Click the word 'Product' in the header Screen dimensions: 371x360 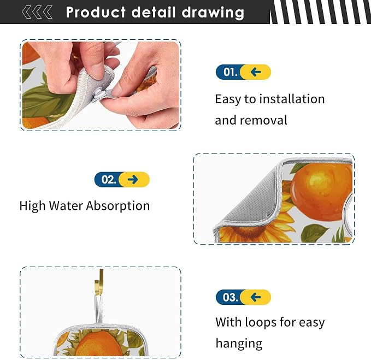pyautogui.click(x=96, y=12)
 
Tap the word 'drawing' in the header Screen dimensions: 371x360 pyautogui.click(x=213, y=13)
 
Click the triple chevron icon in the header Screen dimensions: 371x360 pyautogui.click(x=37, y=12)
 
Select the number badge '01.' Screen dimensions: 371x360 pyautogui.click(x=229, y=72)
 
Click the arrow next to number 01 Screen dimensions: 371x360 pyautogui.click(x=256, y=72)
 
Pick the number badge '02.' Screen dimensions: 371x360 pyautogui.click(x=109, y=180)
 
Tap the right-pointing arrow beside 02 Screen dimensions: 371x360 pyautogui.click(x=133, y=180)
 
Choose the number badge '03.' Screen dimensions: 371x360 pyautogui.click(x=229, y=297)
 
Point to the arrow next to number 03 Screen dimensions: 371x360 pyautogui.click(x=256, y=297)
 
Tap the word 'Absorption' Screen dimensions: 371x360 pyautogui.click(x=118, y=206)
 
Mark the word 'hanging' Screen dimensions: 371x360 pyautogui.click(x=239, y=344)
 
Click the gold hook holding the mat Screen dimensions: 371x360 pyautogui.click(x=99, y=282)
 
